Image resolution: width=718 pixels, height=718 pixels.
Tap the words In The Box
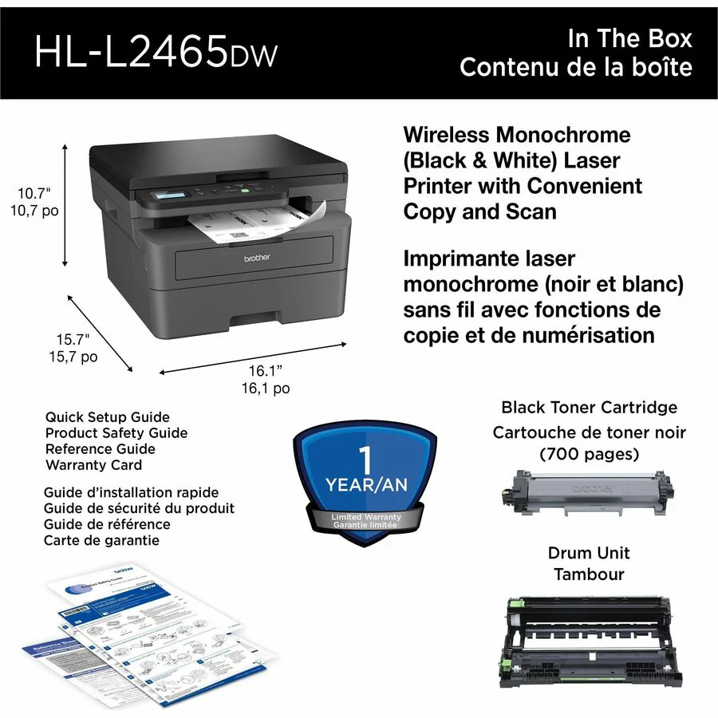coord(629,37)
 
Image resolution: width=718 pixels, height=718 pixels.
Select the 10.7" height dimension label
coord(34,192)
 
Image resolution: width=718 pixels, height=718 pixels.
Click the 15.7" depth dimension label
coord(72,339)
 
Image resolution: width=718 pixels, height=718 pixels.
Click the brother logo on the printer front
coord(257,258)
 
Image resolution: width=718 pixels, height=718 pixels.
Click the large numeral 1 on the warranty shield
coord(366,461)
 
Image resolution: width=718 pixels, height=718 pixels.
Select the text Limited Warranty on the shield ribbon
coord(366,517)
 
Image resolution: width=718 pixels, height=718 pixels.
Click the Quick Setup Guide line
coord(107,416)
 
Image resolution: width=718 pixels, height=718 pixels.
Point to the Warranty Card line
coord(93,464)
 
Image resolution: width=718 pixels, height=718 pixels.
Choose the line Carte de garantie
coord(101,540)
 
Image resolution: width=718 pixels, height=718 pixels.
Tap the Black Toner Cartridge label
coord(589,407)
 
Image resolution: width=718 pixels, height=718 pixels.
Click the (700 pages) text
coord(589,455)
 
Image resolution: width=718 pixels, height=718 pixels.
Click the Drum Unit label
coord(589,552)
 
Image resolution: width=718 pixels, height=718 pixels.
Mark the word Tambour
coord(589,574)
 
